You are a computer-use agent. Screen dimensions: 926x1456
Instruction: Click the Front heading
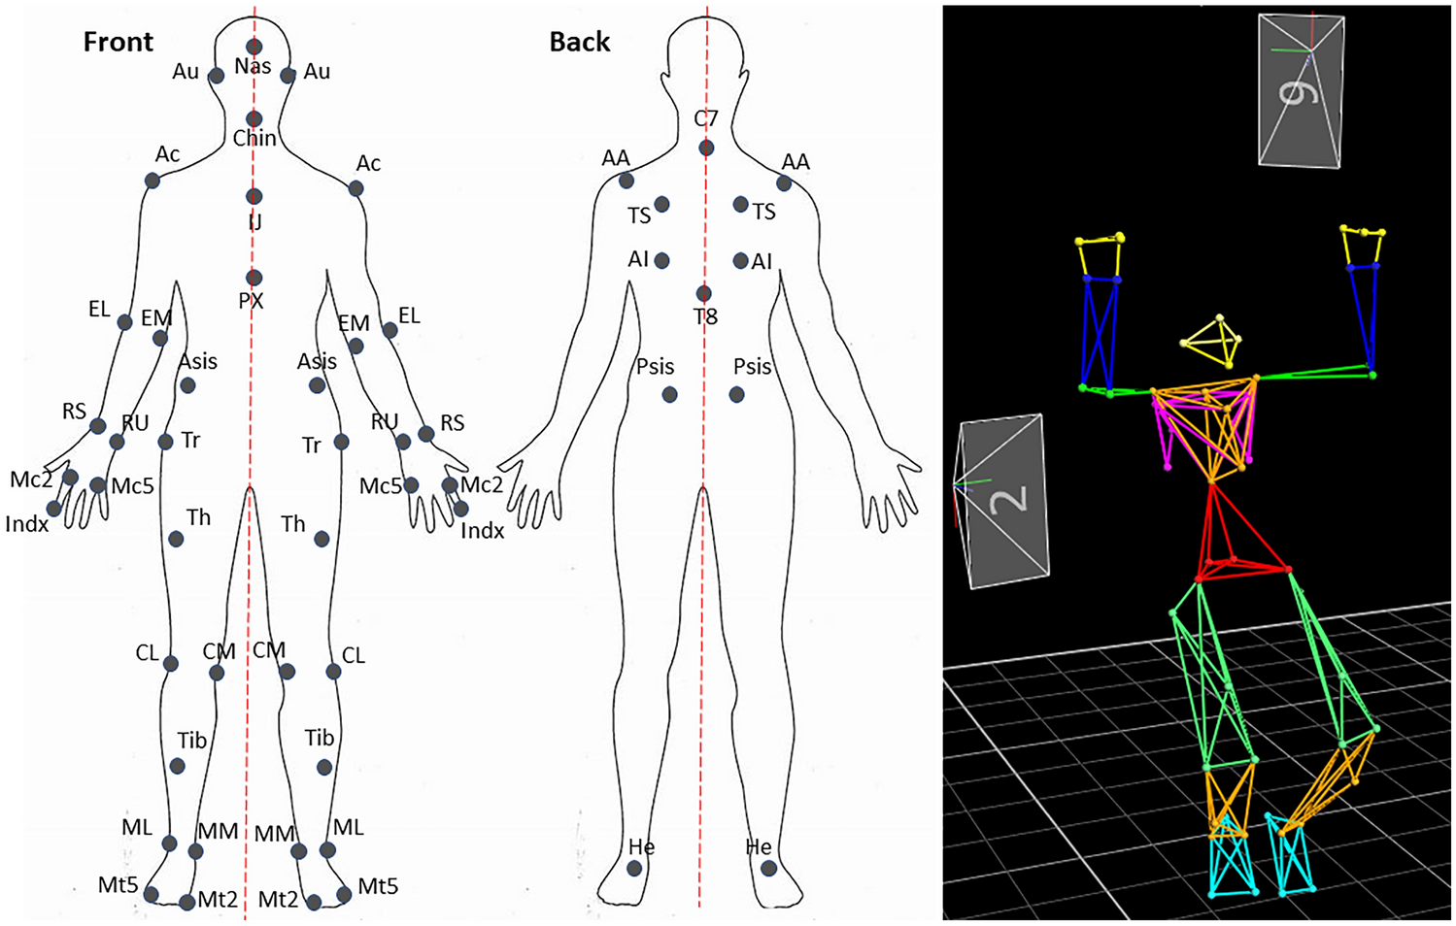118,42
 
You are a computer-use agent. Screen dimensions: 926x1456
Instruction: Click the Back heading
580,42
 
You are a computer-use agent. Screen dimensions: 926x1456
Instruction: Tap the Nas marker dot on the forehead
254,47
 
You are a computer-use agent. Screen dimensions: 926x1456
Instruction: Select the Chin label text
254,139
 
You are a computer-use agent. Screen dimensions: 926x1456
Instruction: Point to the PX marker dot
254,279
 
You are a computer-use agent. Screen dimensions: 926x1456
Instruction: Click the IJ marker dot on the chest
254,197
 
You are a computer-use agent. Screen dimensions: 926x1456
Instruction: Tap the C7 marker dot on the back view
706,149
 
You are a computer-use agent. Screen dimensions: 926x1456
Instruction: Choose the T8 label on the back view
706,316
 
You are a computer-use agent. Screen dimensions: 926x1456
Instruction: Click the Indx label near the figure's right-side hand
483,531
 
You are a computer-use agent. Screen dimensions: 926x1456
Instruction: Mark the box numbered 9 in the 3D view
1301,90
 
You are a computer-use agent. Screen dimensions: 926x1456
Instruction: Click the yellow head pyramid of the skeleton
1215,342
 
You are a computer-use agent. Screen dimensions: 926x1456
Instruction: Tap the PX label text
251,301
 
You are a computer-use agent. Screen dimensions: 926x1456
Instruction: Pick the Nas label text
253,67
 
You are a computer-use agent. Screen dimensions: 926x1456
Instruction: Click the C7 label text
706,118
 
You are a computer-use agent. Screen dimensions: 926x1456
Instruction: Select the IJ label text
254,222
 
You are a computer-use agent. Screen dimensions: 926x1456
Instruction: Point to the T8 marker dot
703,294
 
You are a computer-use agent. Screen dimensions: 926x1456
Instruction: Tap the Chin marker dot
254,119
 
